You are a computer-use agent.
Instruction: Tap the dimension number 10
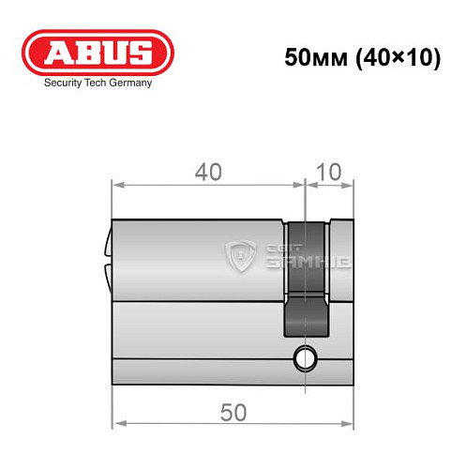click(x=330, y=173)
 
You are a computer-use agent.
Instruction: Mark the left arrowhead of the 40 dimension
click(x=116, y=183)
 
